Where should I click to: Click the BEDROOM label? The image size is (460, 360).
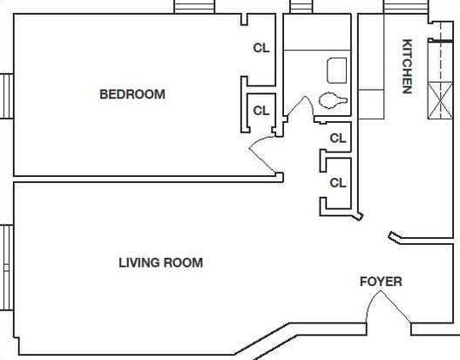132,94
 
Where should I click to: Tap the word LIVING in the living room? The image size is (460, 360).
139,262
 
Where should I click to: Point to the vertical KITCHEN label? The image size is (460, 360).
407,66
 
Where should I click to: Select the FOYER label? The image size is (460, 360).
381,282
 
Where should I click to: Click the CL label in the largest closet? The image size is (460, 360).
261,48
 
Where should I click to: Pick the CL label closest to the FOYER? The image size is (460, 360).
338,183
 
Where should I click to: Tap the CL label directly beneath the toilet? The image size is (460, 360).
338,138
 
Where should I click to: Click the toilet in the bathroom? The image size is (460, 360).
333,100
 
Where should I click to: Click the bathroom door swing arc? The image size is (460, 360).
301,105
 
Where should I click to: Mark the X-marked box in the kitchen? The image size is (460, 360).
440,101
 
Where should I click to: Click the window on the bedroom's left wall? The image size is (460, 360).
6,96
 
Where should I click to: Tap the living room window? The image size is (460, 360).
6,268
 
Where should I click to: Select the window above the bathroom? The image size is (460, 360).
301,6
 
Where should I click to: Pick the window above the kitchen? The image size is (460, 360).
406,6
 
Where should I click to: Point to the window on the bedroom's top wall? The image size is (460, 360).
194,6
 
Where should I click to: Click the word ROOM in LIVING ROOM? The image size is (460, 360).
183,262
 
